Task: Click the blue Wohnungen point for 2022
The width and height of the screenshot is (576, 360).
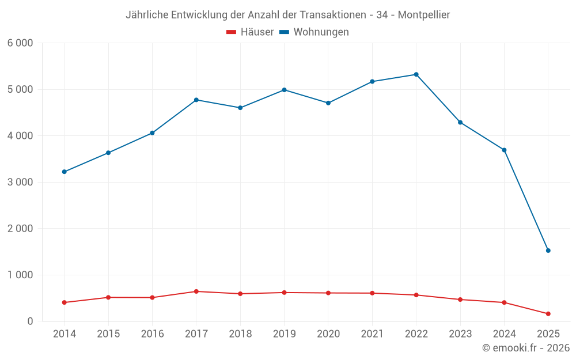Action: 416,74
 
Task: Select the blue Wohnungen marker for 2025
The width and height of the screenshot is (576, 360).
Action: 548,251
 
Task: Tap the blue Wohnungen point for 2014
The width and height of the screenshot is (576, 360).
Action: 64,172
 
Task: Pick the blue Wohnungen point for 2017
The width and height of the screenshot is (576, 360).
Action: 196,100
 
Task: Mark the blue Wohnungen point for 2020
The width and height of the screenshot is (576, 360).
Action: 328,103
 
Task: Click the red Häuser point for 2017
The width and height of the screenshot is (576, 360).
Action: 196,291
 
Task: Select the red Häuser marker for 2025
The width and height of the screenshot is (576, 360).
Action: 548,314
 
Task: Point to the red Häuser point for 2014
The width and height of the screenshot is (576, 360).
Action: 64,302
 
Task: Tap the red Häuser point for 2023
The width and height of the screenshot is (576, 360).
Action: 460,300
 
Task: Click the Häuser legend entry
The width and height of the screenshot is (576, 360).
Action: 250,32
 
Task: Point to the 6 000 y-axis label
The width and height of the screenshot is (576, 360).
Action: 20,43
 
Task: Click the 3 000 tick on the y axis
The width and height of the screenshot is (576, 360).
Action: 20,182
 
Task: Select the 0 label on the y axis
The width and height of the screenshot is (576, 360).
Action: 29,321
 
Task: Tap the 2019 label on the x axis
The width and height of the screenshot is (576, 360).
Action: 284,334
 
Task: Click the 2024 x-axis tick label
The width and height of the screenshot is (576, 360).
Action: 504,334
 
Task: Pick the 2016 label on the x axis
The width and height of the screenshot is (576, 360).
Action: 152,334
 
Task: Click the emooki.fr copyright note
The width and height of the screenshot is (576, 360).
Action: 525,348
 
